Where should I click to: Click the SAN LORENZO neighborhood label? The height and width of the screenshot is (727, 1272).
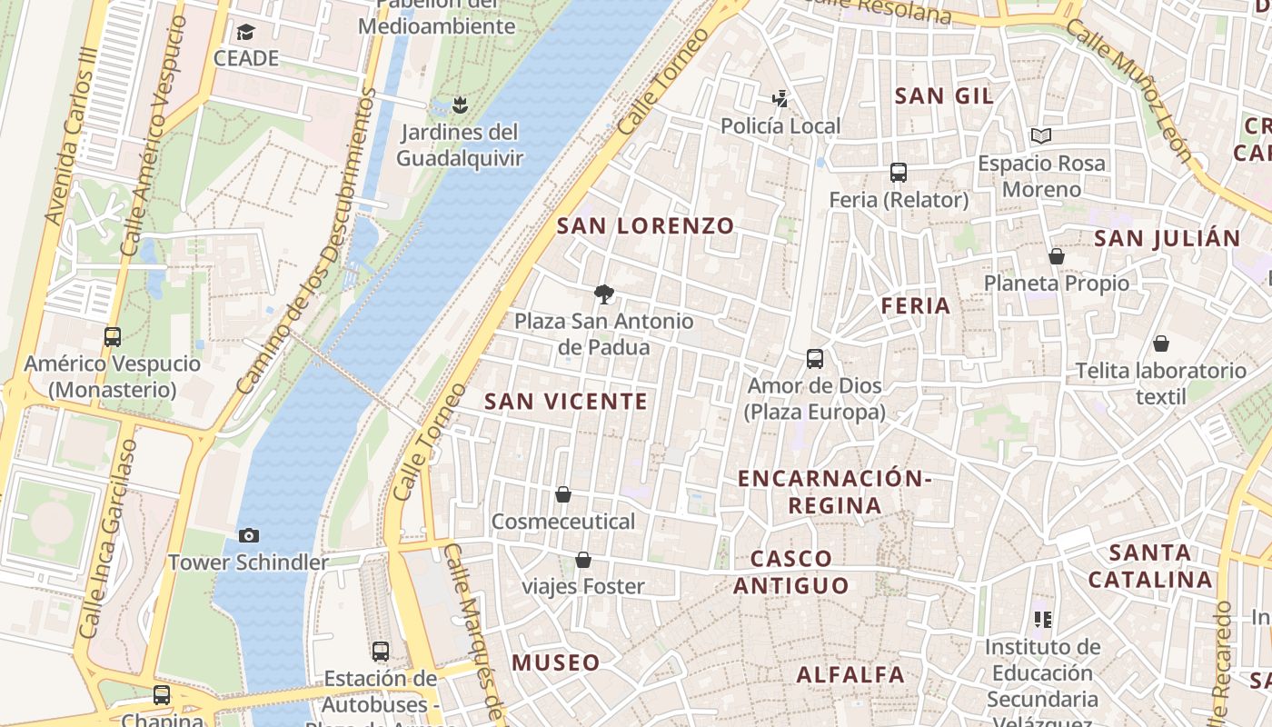coord(645,226)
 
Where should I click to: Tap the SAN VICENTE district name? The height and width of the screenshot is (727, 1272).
coord(566,401)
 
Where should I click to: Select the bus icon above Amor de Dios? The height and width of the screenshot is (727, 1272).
coord(815,359)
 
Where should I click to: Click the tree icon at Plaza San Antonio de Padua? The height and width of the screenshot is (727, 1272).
coord(603,294)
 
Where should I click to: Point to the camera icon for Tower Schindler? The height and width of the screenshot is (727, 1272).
coord(248,535)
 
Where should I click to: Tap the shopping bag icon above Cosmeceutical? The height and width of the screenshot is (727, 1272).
coord(563,494)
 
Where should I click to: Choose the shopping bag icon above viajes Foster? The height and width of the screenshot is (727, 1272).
coord(583,560)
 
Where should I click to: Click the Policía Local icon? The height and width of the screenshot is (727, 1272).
coord(780,98)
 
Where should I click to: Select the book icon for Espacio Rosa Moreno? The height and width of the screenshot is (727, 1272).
coord(1041,136)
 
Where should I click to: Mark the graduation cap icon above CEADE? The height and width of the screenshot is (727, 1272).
coord(245,33)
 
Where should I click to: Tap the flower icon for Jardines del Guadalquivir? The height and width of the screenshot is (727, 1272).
coord(461,105)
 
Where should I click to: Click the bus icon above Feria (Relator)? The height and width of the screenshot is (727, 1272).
coord(899,173)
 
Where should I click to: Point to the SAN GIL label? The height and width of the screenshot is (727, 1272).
coord(944,95)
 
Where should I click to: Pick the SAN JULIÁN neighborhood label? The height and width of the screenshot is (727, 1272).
coord(1167,238)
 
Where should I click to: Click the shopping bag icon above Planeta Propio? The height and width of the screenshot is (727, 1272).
coord(1056,257)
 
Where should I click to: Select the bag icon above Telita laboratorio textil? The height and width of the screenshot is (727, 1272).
coord(1160,344)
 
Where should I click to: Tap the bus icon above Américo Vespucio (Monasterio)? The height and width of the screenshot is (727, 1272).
coord(113,337)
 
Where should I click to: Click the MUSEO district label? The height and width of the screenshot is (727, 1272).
coord(556,662)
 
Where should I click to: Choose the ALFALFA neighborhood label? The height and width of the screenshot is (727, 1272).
coord(850,674)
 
